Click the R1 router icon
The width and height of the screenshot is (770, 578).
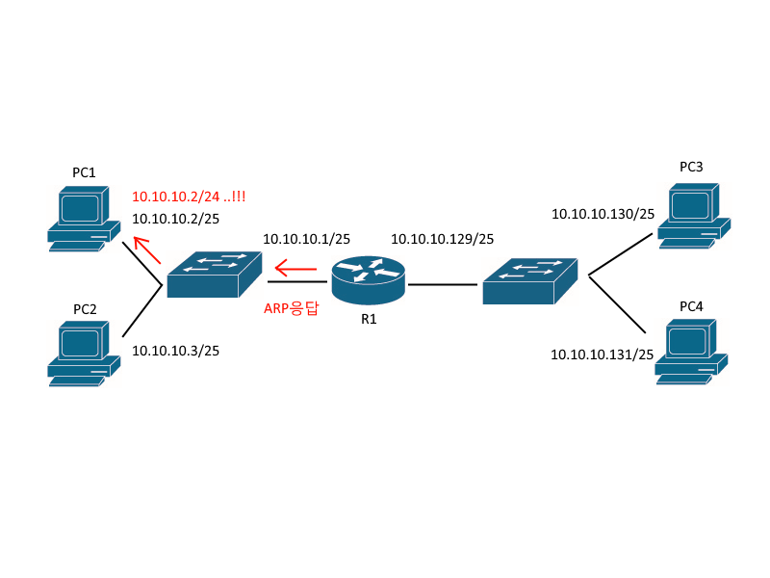[x=369, y=276]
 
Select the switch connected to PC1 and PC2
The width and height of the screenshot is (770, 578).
[x=214, y=275]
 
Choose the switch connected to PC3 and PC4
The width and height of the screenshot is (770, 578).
[x=530, y=280]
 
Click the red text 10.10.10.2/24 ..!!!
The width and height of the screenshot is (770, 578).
[x=189, y=197]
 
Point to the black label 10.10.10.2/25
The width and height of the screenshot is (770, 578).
[x=175, y=219]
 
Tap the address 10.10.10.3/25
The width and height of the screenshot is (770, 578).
[x=175, y=351]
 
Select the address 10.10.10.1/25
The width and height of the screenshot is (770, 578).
[x=306, y=238]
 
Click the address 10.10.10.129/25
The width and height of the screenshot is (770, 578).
[x=442, y=238]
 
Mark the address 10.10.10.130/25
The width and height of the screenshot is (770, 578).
[x=603, y=214]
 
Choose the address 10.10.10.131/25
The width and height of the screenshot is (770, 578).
[x=603, y=355]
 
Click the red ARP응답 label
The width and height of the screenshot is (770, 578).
[x=291, y=309]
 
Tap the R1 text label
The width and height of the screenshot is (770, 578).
[x=369, y=319]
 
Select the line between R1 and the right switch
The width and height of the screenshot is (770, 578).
[x=442, y=284]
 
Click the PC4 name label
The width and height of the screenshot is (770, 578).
[x=691, y=306]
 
